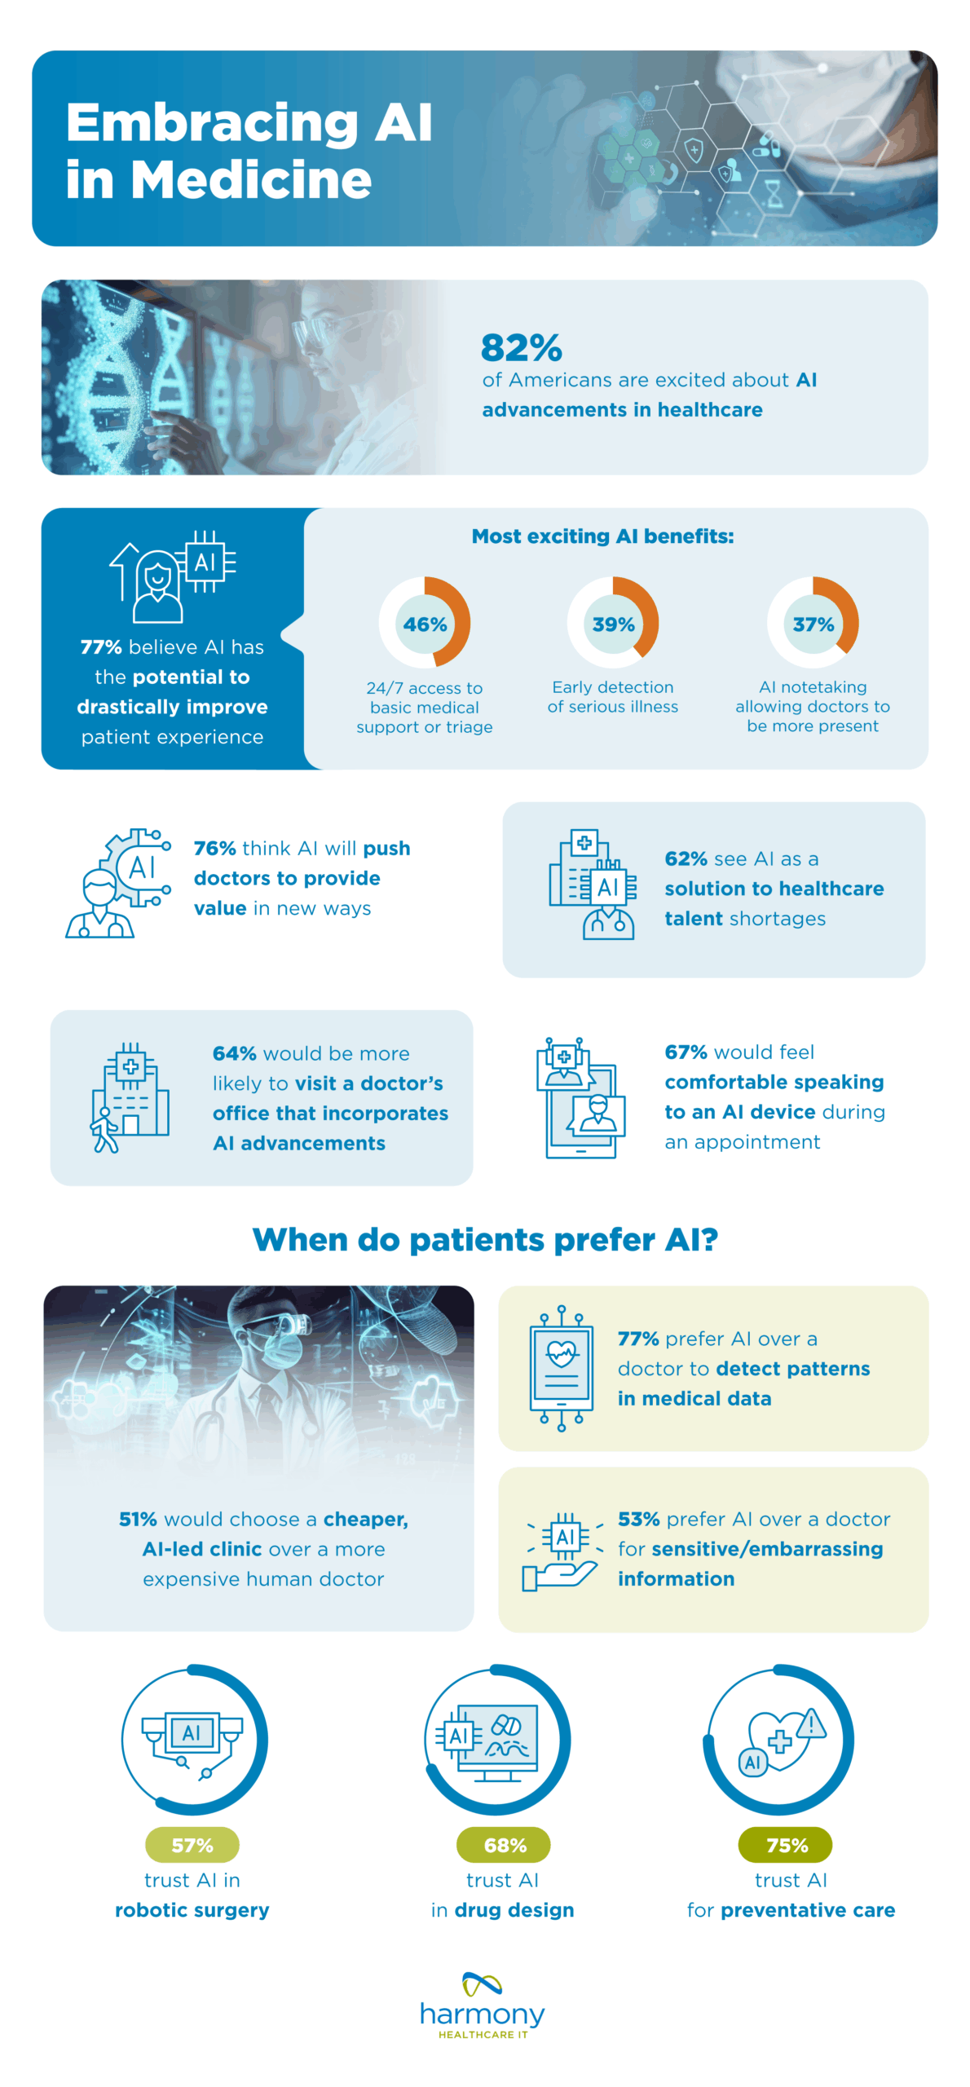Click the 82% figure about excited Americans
[521, 348]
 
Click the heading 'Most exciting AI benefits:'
[602, 536]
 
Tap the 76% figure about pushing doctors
[214, 848]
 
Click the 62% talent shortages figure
[686, 858]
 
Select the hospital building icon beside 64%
[130, 1096]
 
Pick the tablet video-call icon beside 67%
[580, 1096]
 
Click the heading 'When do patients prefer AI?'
[485, 1239]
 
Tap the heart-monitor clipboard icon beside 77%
[561, 1368]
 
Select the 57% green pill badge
[192, 1845]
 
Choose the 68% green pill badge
[504, 1845]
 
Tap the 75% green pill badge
[786, 1845]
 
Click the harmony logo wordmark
[483, 2014]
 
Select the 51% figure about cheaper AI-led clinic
[138, 1519]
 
